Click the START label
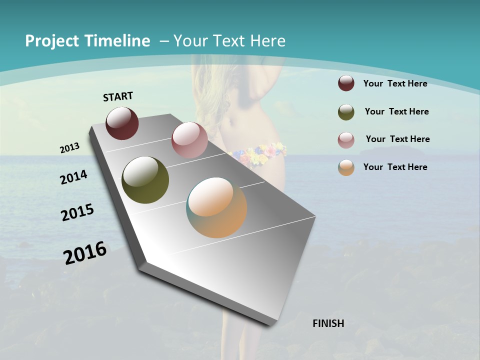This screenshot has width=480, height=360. coord(118,96)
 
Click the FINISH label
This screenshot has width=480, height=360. coord(328,323)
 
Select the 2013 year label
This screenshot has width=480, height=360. coord(69,147)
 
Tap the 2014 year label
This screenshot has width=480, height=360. coord(73,177)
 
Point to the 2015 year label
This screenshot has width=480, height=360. coord(77,212)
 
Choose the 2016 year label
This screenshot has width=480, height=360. coord(85,253)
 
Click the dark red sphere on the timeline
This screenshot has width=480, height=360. coord(122,123)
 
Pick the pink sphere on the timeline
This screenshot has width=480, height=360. coord(189,140)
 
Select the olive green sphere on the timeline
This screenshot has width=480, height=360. coord(145,180)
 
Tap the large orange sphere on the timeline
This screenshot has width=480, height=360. coord(216,207)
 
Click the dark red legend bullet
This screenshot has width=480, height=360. coord(346,83)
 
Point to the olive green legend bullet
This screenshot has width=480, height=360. coord(346,112)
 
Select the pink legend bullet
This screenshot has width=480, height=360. coord(346,139)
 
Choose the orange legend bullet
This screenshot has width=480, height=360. coord(346,167)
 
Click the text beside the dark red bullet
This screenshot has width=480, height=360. coord(395,84)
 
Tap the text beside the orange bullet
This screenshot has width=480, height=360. coord(395,167)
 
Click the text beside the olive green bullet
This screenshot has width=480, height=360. coord(396,111)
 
